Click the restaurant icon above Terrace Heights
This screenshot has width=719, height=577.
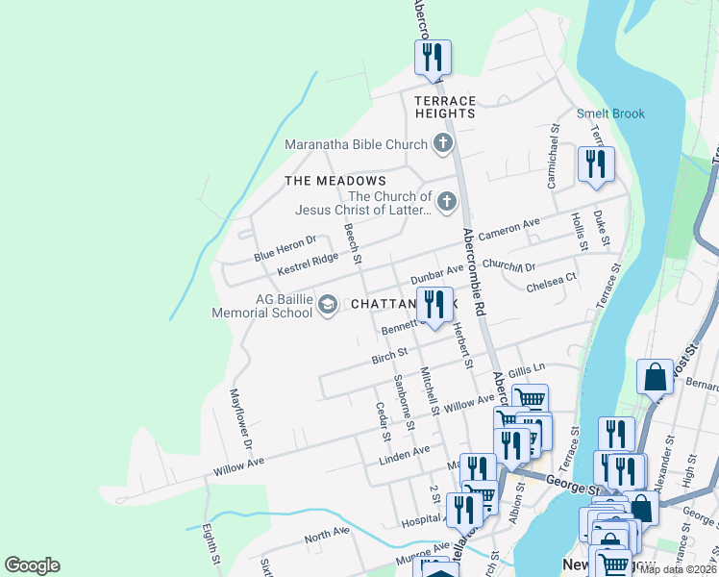click(433, 57)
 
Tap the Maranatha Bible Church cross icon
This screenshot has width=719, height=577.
click(442, 145)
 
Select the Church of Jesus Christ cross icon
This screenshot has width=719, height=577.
click(446, 202)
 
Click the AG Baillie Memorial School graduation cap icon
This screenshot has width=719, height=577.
click(327, 305)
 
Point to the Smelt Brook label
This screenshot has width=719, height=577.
click(610, 113)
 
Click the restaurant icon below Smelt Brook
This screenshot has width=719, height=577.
click(596, 163)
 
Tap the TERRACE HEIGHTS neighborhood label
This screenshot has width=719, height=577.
click(445, 107)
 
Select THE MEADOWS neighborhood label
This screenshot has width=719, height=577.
click(335, 181)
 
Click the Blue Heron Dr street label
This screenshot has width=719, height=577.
click(285, 248)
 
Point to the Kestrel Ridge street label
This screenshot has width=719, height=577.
click(308, 264)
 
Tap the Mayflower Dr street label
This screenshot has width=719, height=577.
click(240, 419)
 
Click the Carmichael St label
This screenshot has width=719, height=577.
click(553, 155)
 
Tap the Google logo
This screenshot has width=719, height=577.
click(32, 565)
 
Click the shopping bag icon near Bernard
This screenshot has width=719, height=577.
click(655, 378)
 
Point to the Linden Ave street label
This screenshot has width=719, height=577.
click(404, 451)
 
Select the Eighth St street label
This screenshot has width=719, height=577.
click(210, 544)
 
